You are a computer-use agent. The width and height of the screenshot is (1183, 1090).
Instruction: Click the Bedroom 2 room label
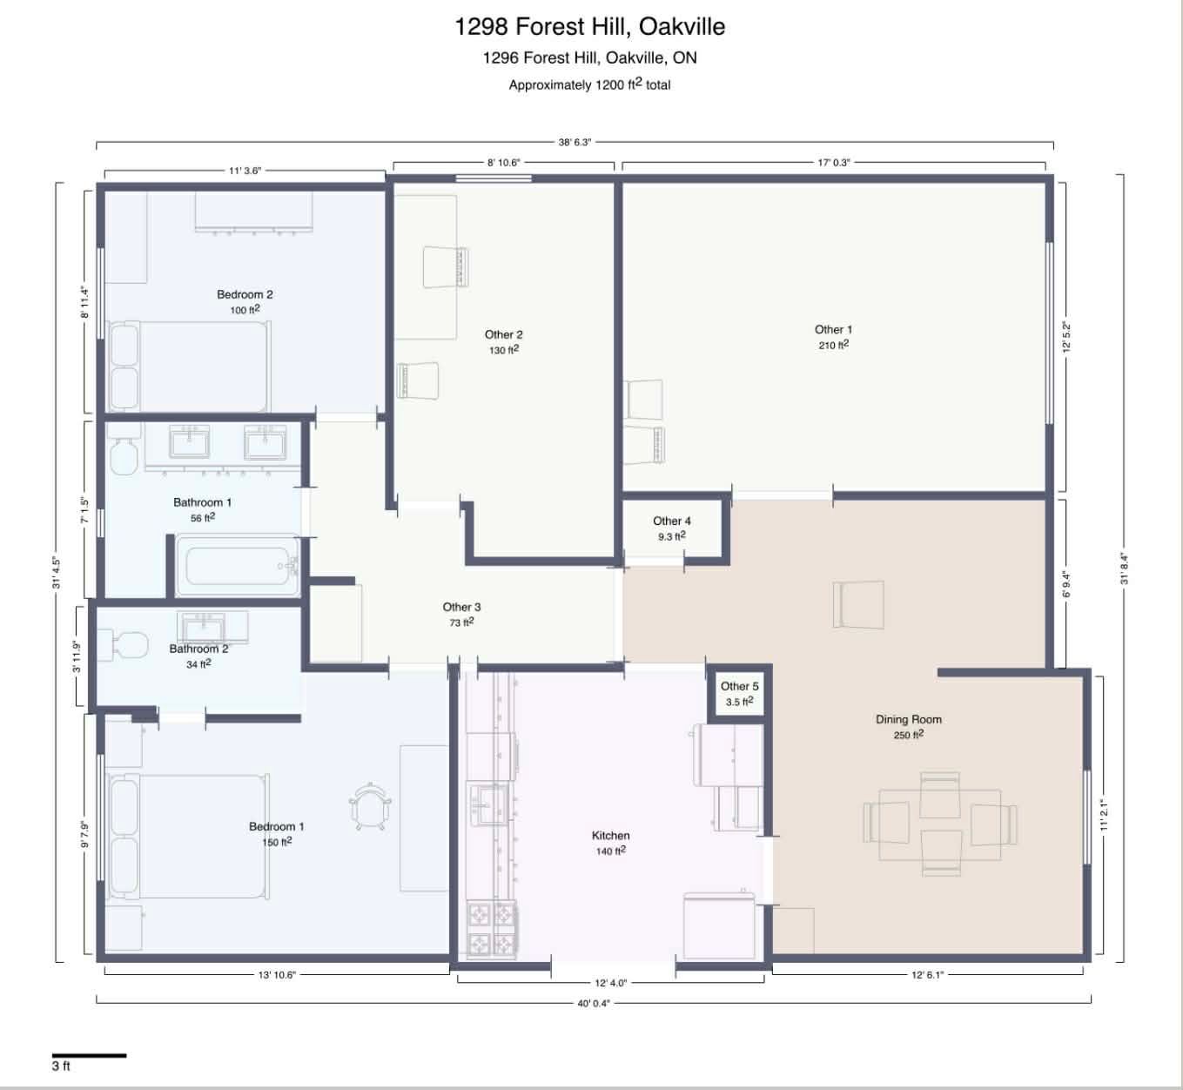[245, 294]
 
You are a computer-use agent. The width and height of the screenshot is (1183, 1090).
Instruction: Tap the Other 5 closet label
[739, 686]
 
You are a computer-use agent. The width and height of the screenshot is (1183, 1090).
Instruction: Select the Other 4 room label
[672, 521]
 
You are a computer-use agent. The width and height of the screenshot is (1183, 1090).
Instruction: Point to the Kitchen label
[610, 835]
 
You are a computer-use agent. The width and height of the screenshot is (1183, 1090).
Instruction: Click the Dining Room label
[908, 719]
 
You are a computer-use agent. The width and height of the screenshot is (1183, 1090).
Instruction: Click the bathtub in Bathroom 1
[238, 566]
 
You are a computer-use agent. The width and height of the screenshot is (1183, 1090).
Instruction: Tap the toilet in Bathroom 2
[123, 644]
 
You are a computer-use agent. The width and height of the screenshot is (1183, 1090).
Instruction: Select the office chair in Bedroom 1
[370, 806]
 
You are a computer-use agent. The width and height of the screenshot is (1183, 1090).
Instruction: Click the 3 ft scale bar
[89, 1055]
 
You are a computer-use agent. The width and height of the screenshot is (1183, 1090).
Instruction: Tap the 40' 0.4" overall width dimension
[594, 1003]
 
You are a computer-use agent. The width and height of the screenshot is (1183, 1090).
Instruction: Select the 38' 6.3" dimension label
[575, 142]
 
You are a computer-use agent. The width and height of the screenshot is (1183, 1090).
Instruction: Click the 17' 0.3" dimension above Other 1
[833, 162]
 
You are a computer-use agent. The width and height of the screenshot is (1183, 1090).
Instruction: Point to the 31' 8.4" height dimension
[1124, 569]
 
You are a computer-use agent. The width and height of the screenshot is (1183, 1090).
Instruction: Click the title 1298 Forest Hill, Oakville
[589, 26]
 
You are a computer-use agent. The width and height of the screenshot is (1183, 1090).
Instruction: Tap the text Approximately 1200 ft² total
[589, 84]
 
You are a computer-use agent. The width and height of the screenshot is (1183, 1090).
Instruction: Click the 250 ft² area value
[908, 734]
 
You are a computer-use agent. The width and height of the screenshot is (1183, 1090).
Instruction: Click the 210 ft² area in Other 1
[833, 345]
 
